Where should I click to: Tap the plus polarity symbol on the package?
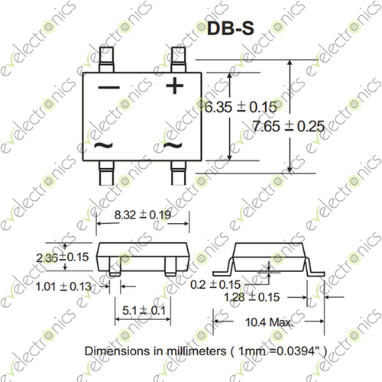[x=175, y=86]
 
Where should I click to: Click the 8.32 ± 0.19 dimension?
[x=141, y=218]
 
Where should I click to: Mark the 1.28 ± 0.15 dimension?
[x=255, y=296]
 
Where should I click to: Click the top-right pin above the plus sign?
[x=178, y=56]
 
